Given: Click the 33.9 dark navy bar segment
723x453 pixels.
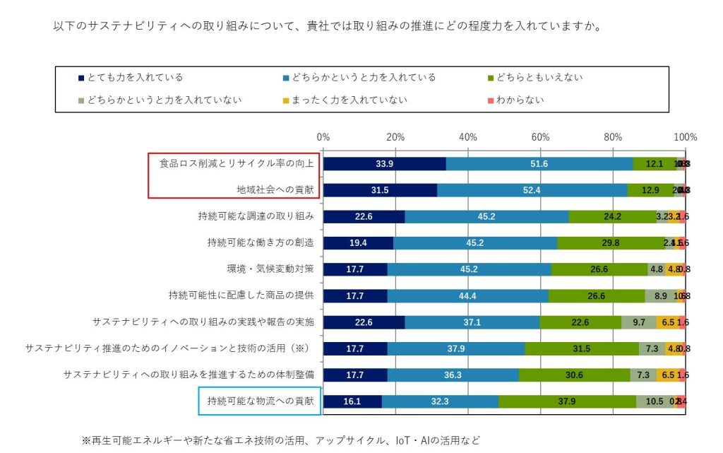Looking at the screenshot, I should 385,164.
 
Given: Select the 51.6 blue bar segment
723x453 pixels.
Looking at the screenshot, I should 539,164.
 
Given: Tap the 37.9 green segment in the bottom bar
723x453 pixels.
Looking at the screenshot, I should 567,401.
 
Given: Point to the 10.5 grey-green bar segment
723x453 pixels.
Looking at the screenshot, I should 655,401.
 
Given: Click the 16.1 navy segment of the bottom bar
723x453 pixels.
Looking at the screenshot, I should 352,401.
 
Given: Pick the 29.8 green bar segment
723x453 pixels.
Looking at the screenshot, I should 611,243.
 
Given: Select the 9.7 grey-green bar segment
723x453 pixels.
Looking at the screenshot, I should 639,322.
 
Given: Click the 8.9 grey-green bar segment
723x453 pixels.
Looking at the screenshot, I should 660,296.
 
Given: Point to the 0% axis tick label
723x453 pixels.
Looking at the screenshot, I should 323,136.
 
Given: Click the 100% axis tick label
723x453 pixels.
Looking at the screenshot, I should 685,136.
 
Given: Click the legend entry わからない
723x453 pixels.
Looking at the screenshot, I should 520,100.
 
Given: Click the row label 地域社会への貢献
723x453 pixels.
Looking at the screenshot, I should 276,189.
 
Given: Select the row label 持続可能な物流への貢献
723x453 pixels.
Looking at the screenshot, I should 261,401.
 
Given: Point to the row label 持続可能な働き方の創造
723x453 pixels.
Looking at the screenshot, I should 261,242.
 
